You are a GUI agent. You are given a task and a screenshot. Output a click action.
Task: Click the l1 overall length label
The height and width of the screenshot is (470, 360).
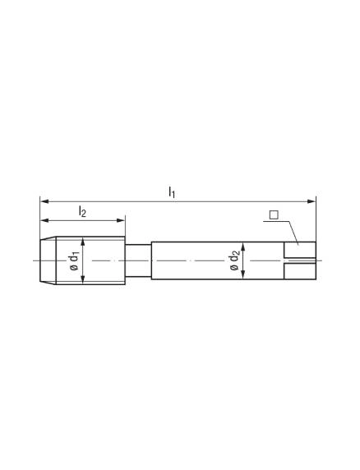[172, 191]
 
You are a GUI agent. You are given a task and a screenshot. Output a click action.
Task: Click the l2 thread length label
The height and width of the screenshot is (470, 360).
[82, 211]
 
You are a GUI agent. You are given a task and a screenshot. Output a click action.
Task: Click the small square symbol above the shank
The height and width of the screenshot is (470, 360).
[274, 215]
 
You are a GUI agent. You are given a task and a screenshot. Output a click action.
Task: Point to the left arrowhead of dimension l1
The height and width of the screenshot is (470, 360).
[44, 201]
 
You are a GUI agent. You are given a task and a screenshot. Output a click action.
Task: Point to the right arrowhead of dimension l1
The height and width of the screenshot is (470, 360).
[312, 201]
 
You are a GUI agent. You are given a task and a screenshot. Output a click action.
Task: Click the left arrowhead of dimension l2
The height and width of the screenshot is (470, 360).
[44, 220]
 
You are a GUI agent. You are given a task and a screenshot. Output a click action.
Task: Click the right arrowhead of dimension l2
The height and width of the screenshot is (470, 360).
[121, 220]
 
